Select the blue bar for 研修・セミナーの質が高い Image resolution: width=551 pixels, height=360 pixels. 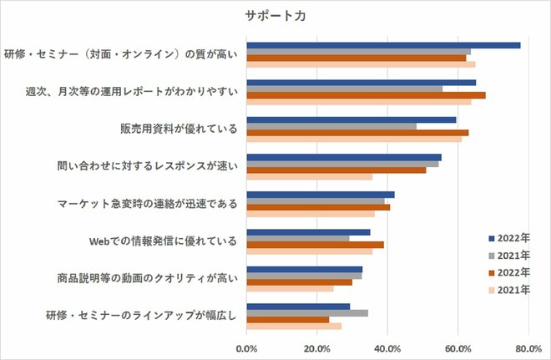coord(383,45)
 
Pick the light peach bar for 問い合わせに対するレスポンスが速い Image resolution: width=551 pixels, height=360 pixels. coord(310,176)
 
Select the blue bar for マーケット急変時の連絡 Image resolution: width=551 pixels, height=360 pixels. coord(321,195)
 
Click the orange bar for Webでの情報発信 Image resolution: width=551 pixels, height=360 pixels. coord(316,245)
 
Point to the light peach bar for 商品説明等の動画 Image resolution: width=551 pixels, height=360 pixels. coord(290,289)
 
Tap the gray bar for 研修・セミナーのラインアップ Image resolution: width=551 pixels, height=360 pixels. coord(307,313)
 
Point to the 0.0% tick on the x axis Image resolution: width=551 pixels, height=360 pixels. coord(247,347)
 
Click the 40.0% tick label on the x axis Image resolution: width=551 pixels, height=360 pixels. coord(387,347)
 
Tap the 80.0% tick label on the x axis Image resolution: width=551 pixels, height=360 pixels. coord(528,347)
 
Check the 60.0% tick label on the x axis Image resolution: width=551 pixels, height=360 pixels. coord(457,347)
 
